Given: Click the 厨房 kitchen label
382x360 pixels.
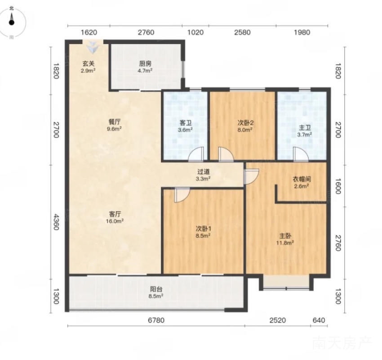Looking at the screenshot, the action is pyautogui.click(x=145, y=64).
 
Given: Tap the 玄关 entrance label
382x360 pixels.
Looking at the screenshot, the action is pyautogui.click(x=88, y=64).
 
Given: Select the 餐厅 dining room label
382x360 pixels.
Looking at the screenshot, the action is pyautogui.click(x=114, y=122).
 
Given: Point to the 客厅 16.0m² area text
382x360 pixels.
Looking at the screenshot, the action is pyautogui.click(x=115, y=221).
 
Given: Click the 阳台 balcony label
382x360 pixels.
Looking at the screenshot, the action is pyautogui.click(x=156, y=289).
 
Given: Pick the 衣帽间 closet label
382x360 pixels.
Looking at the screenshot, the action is pyautogui.click(x=302, y=180).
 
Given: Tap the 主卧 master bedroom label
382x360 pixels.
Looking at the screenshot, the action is pyautogui.click(x=285, y=236).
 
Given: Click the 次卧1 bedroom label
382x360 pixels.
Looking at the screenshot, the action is pyautogui.click(x=204, y=229).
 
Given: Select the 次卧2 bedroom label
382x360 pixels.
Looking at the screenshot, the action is pyautogui.click(x=245, y=123).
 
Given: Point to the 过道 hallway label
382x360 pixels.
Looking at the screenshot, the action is pyautogui.click(x=204, y=172).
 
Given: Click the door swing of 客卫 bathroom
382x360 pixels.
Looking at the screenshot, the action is pyautogui.click(x=196, y=155).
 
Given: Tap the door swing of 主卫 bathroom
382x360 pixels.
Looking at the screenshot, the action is pyautogui.click(x=301, y=155).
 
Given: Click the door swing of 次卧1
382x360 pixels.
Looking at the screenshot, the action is pyautogui.click(x=182, y=195).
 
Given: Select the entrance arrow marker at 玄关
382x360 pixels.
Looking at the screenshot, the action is pyautogui.click(x=93, y=47).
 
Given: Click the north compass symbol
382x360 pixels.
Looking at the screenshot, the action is pyautogui.click(x=12, y=22).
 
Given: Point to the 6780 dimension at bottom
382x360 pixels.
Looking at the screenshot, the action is pyautogui.click(x=156, y=320).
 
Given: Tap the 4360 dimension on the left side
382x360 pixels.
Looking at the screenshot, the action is pyautogui.click(x=56, y=222).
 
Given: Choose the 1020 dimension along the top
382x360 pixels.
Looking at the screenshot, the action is pyautogui.click(x=195, y=32).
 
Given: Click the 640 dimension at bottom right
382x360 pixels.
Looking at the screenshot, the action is pyautogui.click(x=319, y=320).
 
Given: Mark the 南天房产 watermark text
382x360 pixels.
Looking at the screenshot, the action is pyautogui.click(x=342, y=343).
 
